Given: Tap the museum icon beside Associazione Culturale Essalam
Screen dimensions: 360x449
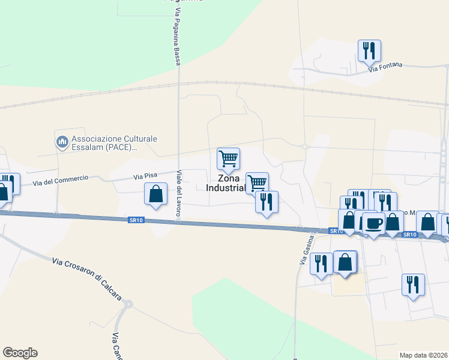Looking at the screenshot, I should (x=62, y=141).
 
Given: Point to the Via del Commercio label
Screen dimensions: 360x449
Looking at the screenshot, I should (x=61, y=180).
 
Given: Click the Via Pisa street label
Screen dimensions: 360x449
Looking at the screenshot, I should (x=145, y=175).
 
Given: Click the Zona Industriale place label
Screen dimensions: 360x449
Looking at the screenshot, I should (x=227, y=183).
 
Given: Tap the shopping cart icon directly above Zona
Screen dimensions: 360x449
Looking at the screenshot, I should (x=228, y=158).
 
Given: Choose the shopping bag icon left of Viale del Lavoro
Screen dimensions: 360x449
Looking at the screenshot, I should (x=156, y=194).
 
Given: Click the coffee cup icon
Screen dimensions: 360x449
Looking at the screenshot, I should (x=373, y=223).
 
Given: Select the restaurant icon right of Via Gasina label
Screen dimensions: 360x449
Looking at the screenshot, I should (x=322, y=263).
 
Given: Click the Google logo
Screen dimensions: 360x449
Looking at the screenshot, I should (x=20, y=353).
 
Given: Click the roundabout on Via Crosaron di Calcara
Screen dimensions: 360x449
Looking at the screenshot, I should (x=127, y=304).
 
